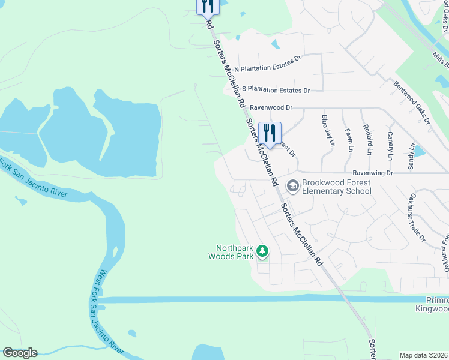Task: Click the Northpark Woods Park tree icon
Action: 262,251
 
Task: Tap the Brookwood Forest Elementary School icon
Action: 292,186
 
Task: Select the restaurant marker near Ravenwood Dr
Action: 270,133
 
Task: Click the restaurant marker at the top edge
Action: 206,6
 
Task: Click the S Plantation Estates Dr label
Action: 271,90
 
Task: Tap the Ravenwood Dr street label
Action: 271,107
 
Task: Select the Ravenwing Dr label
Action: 372,173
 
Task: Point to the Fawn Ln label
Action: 348,139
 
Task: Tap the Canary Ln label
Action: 390,146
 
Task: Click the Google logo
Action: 20,353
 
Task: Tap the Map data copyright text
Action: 424,355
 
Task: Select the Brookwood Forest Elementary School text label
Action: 337,187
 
